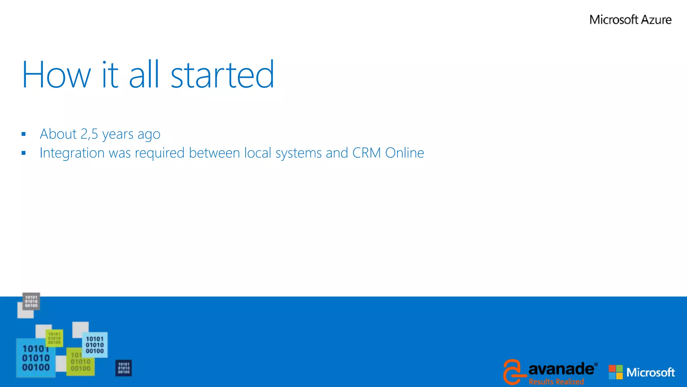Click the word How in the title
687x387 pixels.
56,75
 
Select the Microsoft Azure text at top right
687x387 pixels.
630,20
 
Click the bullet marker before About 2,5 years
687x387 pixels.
23,134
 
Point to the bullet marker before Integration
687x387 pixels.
23,153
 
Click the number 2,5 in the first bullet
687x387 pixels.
89,134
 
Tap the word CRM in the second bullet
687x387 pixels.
366,153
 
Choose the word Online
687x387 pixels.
405,153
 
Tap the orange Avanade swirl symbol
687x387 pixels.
513,372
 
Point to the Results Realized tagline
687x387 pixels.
556,382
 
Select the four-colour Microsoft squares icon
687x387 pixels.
616,372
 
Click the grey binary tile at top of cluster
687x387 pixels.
31,301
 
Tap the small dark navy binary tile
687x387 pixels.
123,368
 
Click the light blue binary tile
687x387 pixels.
95,345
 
